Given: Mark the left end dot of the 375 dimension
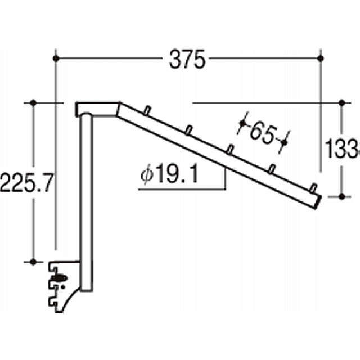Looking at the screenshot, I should tap(56, 57).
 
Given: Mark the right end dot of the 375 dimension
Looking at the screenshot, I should tap(321, 57).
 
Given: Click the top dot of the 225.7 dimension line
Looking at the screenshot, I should tap(33, 103).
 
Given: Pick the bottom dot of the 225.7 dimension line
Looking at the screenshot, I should tap(33, 262).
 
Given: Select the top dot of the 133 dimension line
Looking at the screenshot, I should tap(342, 103).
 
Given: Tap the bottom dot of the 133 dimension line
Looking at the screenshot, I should tap(342, 196).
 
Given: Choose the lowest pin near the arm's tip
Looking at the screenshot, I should tap(313, 187).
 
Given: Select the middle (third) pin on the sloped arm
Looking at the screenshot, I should tap(230, 148).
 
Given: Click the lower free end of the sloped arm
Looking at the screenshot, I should tap(318, 200).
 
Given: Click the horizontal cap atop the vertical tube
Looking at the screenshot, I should tap(97, 108).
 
